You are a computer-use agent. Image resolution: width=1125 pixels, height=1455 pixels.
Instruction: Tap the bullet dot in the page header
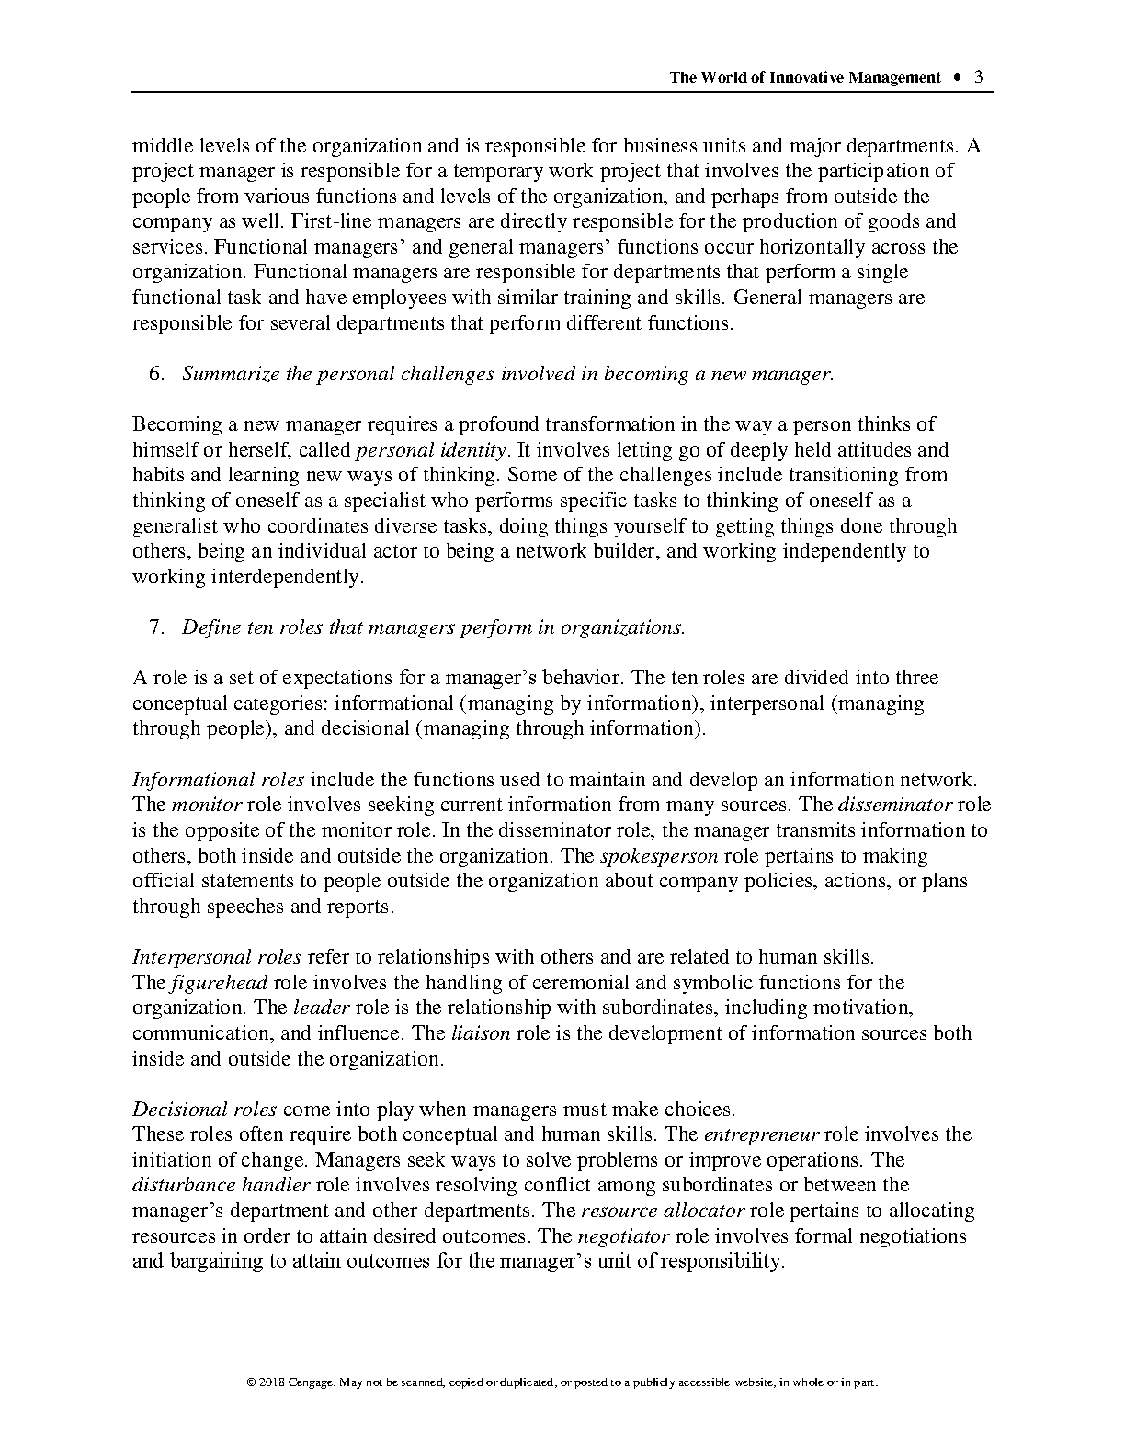[x=958, y=77]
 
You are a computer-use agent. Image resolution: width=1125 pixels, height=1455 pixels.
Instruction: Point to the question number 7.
[x=156, y=627]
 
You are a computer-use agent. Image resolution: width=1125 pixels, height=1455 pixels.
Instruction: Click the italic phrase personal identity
[x=430, y=450]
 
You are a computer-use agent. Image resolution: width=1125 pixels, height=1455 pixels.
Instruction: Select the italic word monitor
[x=206, y=805]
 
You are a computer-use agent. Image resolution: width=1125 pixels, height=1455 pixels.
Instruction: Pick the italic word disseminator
[x=894, y=805]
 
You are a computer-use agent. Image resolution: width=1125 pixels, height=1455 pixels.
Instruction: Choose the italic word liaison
[x=481, y=1033]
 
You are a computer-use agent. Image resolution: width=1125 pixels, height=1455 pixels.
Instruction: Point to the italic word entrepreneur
[x=747, y=1134]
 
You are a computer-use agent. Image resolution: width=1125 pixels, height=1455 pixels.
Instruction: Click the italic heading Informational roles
[x=218, y=780]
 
